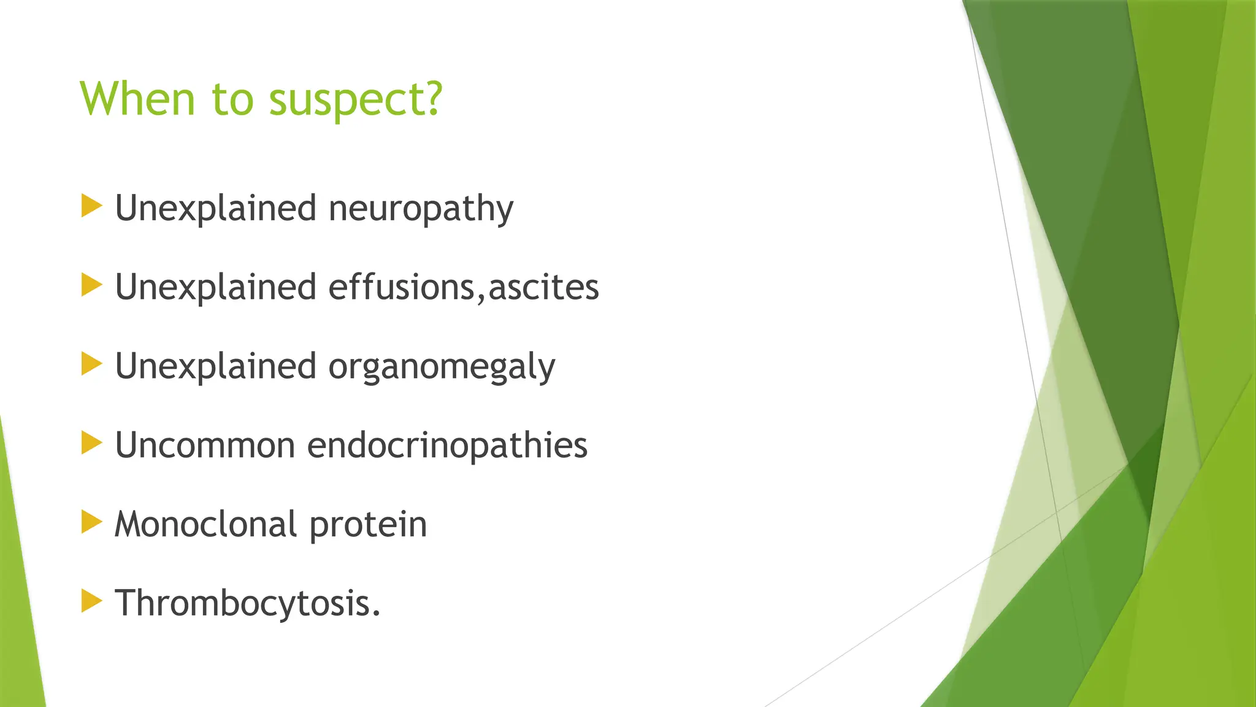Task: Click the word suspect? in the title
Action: click(x=355, y=99)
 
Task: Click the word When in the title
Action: click(x=137, y=98)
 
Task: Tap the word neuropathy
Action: click(x=421, y=209)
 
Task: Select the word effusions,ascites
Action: click(x=463, y=287)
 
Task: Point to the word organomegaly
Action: click(x=442, y=367)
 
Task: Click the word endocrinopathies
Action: click(x=446, y=445)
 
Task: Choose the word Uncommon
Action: click(x=205, y=445)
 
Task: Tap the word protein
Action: click(x=368, y=525)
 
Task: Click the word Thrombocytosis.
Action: click(x=247, y=603)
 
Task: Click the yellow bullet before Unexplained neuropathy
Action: click(x=91, y=206)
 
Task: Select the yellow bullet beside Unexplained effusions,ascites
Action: click(x=91, y=285)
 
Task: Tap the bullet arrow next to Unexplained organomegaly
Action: click(x=91, y=364)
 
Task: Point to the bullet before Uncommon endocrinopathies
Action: click(x=91, y=443)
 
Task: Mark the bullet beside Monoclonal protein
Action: click(x=91, y=522)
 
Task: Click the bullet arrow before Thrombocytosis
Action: click(x=91, y=601)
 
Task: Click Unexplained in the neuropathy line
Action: click(x=215, y=209)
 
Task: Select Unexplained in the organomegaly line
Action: click(x=215, y=367)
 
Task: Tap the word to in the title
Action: click(x=232, y=99)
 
